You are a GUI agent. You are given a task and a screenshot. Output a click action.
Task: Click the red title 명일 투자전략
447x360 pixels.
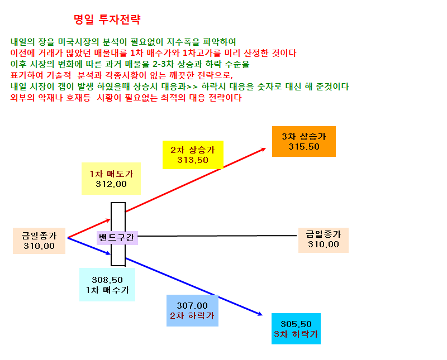107,20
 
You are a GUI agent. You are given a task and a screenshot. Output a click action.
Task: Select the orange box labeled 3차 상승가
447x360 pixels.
304,141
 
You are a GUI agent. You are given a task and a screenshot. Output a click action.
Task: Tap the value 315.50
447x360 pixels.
304,147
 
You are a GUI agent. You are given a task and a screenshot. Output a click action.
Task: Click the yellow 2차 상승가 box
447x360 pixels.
193,155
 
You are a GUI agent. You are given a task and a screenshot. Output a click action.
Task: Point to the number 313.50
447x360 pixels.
193,160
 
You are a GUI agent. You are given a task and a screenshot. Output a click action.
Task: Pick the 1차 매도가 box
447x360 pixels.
111,179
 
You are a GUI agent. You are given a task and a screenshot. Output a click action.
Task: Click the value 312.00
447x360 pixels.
111,184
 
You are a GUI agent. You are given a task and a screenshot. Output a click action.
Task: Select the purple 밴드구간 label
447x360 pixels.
117,238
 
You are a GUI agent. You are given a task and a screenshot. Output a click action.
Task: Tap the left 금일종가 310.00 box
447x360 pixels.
39,241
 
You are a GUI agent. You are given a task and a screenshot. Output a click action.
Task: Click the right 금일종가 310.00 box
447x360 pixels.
324,240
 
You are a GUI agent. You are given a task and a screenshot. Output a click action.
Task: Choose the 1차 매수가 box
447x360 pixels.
107,285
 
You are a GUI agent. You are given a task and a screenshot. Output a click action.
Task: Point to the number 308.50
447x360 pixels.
107,280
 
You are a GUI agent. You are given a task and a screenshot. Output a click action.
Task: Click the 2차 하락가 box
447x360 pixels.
192,310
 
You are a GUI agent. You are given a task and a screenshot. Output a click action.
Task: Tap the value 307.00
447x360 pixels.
192,306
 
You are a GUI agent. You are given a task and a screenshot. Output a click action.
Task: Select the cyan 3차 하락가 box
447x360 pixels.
296,329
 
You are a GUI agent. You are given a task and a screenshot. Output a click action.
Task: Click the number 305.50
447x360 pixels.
296,324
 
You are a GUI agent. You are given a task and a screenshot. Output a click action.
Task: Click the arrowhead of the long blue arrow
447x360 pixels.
262,315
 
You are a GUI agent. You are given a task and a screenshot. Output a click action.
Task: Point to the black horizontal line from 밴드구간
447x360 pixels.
217,236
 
